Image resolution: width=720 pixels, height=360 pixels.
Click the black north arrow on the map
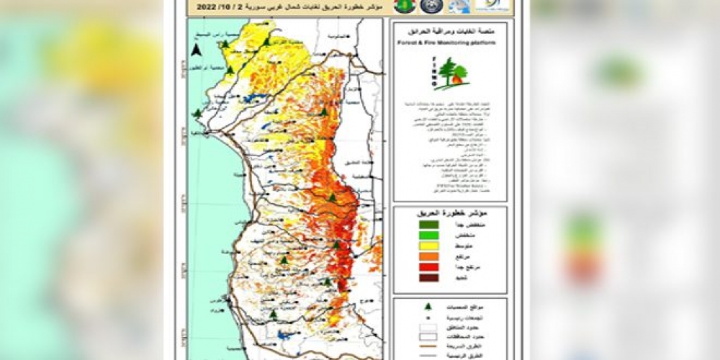pos(196,50)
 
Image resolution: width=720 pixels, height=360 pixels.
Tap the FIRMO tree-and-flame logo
pos(451,73)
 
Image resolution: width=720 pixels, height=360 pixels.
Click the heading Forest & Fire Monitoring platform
pos(450,42)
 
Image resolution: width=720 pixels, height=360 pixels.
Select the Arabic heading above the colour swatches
pos(450,214)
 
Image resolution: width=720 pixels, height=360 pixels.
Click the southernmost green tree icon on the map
pos(274,315)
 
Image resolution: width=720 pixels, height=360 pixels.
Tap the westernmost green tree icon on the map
pos(197,113)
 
